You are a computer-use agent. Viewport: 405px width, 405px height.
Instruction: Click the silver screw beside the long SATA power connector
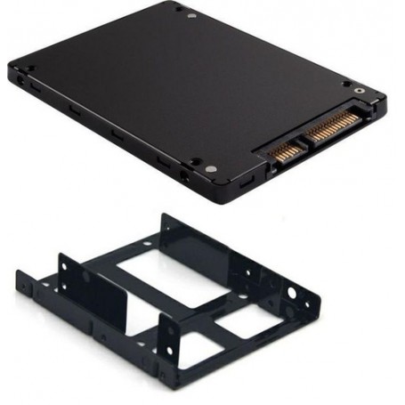point(359,89)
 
